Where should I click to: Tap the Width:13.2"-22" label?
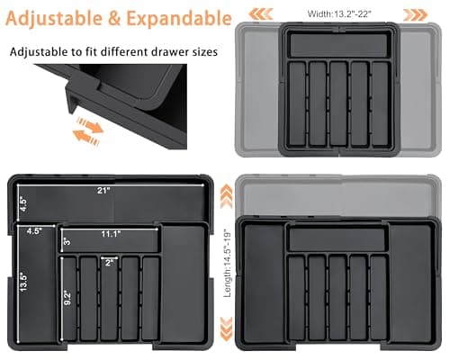coord(339,13)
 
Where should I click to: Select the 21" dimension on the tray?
coord(105,190)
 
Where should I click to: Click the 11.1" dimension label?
coord(111,234)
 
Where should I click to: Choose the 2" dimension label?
coord(109,263)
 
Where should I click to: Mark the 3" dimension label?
coord(66,240)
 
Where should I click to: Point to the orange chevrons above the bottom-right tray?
coord(226,190)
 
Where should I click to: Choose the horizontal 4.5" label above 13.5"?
coord(34,231)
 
